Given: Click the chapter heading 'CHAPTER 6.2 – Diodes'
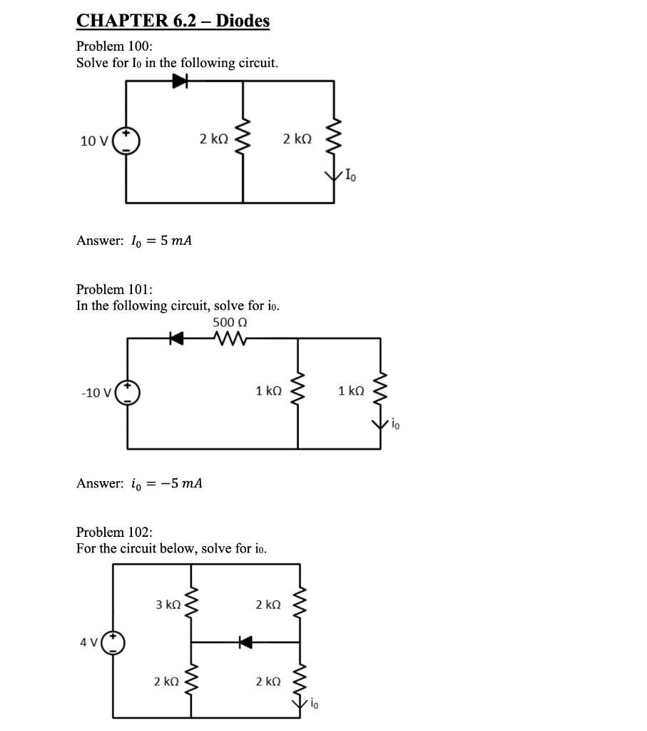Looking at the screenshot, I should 173,21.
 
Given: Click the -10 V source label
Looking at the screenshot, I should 96,393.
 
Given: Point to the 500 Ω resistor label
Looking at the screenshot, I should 230,323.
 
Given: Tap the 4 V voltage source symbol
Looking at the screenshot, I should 113,642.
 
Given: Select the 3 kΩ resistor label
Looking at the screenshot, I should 168,605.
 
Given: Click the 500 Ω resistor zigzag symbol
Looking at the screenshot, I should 230,340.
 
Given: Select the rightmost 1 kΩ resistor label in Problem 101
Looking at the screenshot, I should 351,391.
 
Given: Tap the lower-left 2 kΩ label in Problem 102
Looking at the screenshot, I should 166,682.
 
